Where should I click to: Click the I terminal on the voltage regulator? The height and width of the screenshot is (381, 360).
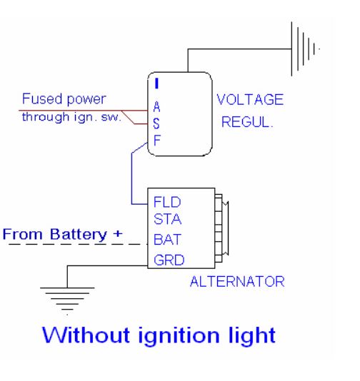coord(157,83)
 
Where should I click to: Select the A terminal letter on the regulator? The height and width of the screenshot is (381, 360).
coord(157,107)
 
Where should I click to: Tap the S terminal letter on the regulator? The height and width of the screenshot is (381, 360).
coord(156,123)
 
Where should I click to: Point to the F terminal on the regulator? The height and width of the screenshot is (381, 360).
coord(157,141)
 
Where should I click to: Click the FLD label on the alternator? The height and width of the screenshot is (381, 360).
coord(167,202)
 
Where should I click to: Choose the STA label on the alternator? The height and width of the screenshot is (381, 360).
coord(168,219)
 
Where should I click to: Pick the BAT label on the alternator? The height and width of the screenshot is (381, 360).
coord(167,239)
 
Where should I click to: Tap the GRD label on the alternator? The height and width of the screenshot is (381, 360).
coord(169,260)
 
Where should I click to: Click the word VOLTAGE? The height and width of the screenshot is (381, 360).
coord(250,100)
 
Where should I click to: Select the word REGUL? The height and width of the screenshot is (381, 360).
coord(247,122)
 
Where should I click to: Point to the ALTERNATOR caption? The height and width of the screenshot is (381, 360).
coord(237,282)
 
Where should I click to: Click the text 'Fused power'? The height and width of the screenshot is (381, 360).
coord(64,99)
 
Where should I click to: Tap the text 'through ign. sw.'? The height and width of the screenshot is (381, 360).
coord(71,117)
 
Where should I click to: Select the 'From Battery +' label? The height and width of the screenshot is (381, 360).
coord(63,235)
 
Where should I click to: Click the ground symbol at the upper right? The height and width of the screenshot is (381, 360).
coord(306,49)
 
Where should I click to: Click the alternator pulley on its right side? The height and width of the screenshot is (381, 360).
coord(221,228)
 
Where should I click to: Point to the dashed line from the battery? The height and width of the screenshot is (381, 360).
coord(79,244)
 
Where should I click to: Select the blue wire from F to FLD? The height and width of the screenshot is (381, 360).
coord(131,178)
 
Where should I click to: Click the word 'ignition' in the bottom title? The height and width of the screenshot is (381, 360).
coord(179,336)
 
